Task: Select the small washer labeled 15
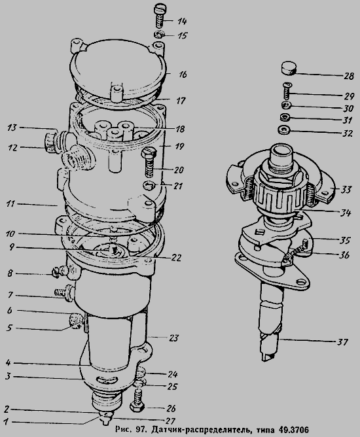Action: click(159, 35)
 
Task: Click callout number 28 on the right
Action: click(348, 76)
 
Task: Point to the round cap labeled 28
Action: click(288, 69)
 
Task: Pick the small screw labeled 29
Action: click(287, 90)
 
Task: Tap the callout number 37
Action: click(342, 341)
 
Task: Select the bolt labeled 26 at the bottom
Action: click(137, 400)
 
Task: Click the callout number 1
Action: click(6, 421)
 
